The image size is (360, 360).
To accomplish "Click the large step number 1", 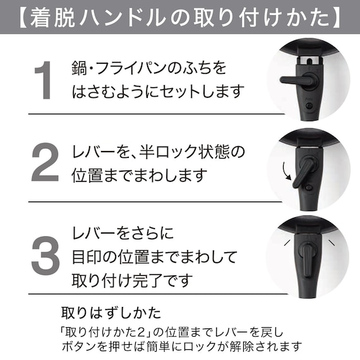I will pyautogui.click(x=42, y=81).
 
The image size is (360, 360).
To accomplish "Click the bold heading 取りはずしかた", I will pyautogui.click(x=111, y=313).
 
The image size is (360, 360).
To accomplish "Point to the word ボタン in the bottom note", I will pyautogui.click(x=76, y=346).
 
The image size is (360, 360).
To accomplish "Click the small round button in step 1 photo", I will pyautogui.click(x=310, y=104).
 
